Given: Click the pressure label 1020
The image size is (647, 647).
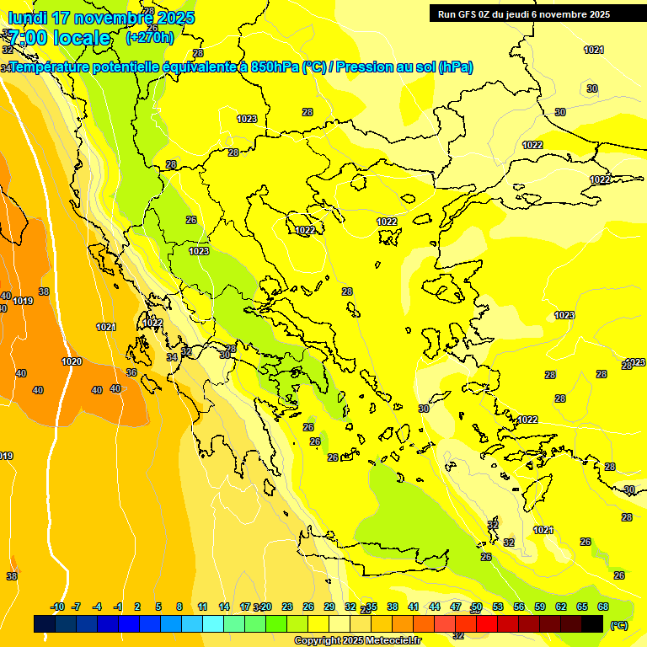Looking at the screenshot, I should [x=72, y=361].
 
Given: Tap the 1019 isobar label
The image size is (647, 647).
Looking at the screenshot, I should [x=23, y=301].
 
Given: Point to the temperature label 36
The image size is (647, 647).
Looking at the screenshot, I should [x=131, y=372].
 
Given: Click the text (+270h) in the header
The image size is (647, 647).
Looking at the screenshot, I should [x=149, y=37].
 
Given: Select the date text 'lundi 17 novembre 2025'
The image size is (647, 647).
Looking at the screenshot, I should [x=101, y=18].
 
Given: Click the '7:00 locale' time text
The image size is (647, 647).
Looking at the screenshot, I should [x=60, y=38].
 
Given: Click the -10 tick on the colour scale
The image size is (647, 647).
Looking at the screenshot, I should [x=57, y=607].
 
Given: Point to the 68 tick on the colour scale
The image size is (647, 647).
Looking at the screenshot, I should [x=603, y=607].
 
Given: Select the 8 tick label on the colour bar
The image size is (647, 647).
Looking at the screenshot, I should [x=179, y=607].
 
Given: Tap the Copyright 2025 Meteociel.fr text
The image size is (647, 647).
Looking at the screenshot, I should [x=358, y=641].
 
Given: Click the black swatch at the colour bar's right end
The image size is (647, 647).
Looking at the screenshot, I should [x=592, y=624].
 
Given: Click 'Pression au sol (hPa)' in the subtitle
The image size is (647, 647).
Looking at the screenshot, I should [x=405, y=67].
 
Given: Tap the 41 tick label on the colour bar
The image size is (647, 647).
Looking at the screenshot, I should [x=414, y=607].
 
